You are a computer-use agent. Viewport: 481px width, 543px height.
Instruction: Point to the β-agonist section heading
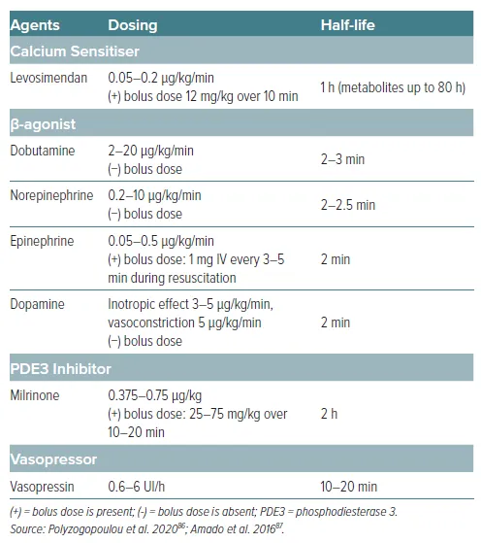(x=44, y=124)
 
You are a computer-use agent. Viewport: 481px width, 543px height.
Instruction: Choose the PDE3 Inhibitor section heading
(x=60, y=369)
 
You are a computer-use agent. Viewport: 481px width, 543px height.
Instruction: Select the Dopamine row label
(x=38, y=304)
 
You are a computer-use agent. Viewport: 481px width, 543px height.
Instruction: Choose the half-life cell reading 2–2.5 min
(x=347, y=204)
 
